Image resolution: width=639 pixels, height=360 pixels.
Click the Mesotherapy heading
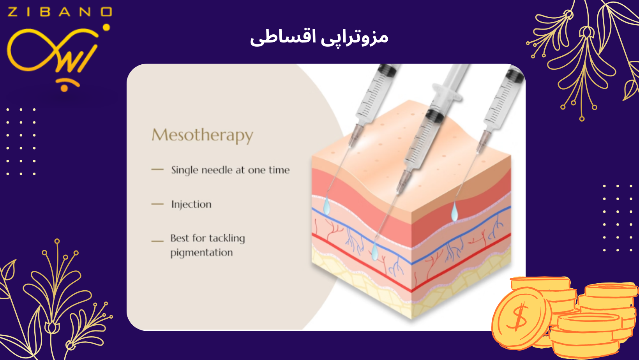tap(202, 135)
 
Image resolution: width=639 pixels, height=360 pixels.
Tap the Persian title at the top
tap(319, 38)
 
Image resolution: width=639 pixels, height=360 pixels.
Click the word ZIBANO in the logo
tap(60, 12)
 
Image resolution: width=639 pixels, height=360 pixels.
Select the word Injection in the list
tap(191, 205)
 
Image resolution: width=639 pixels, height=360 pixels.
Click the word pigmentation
tap(202, 253)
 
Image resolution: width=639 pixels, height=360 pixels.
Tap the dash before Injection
tap(157, 204)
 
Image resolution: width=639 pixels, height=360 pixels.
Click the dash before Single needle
tap(157, 169)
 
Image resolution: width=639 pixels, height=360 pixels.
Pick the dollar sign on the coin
tap(518, 317)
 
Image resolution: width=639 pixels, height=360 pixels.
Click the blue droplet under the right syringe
tap(454, 212)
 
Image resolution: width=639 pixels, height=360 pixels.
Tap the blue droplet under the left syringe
tap(327, 206)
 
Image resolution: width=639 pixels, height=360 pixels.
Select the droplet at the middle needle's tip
tap(374, 251)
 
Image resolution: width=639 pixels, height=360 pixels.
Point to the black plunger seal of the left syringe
tap(387, 69)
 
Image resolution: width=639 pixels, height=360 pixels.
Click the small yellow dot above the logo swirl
tap(106, 27)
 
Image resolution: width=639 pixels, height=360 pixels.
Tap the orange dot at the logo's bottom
tap(64, 88)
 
